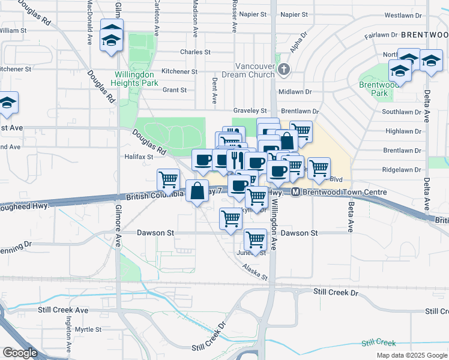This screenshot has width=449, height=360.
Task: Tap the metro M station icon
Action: (295, 192)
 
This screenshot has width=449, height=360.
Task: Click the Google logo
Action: (21, 352)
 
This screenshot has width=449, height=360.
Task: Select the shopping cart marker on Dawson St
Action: (231, 219)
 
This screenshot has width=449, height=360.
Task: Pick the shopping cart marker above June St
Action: (256, 240)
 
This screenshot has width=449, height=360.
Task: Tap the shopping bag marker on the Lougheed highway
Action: (197, 191)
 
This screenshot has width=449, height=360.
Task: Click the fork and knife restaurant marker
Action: (237, 160)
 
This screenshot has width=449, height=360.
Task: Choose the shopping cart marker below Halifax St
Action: (169, 179)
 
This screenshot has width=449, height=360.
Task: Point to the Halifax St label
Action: (139, 157)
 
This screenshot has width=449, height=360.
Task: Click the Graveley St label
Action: (250, 111)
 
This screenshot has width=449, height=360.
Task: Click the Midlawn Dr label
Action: (295, 91)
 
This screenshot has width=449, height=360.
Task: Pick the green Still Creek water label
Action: (378, 343)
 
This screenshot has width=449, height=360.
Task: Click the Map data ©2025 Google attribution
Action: (411, 355)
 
